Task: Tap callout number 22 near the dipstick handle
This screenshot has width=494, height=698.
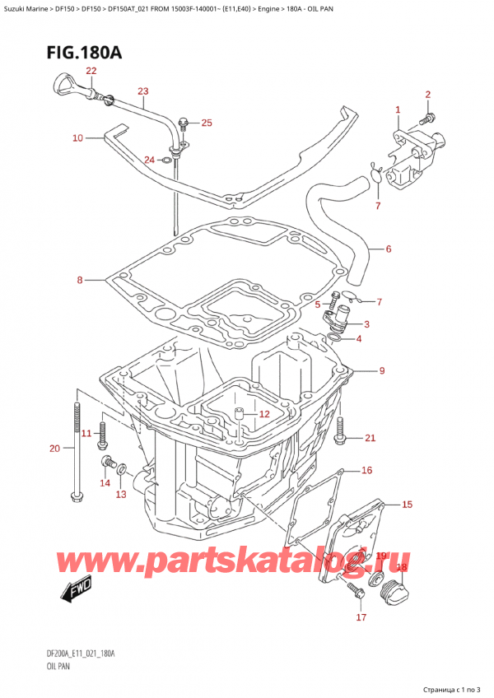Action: coord(91,72)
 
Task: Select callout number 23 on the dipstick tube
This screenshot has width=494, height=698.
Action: coord(142,91)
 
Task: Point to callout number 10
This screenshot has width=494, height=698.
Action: coord(77,138)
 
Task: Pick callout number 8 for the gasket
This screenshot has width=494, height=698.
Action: coord(80,281)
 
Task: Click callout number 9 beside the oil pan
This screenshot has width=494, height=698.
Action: coord(381,371)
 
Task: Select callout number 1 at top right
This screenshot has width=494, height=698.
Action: coord(398,109)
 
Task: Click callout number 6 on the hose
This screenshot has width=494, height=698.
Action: coord(388,249)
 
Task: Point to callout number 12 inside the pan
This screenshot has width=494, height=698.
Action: coord(263,414)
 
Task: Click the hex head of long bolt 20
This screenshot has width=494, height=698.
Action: coord(77,496)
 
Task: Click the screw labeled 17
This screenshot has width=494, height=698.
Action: coord(355,589)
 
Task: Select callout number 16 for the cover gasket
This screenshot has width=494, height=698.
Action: coord(366,471)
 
